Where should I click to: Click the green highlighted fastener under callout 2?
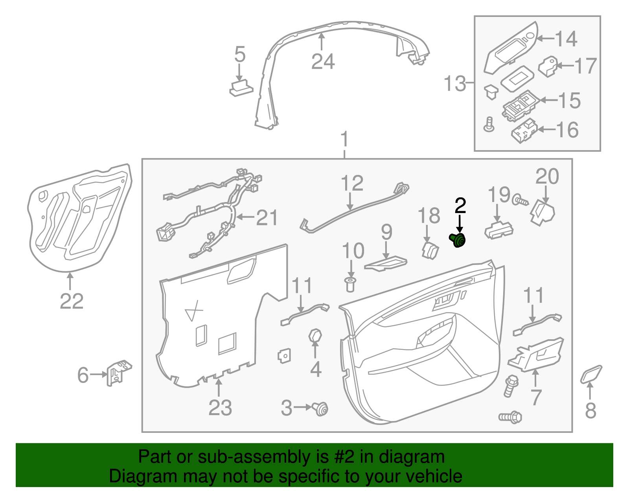[458, 240]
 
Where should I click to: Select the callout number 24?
[323, 62]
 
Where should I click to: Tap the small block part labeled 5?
[241, 88]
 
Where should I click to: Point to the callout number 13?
[455, 84]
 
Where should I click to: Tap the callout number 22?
[72, 302]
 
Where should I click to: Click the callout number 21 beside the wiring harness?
[267, 217]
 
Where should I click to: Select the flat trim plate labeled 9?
[386, 263]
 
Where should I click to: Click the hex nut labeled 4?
[315, 337]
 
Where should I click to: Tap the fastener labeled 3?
[321, 409]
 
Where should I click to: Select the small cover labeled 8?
[591, 374]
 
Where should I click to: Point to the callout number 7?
[536, 397]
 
